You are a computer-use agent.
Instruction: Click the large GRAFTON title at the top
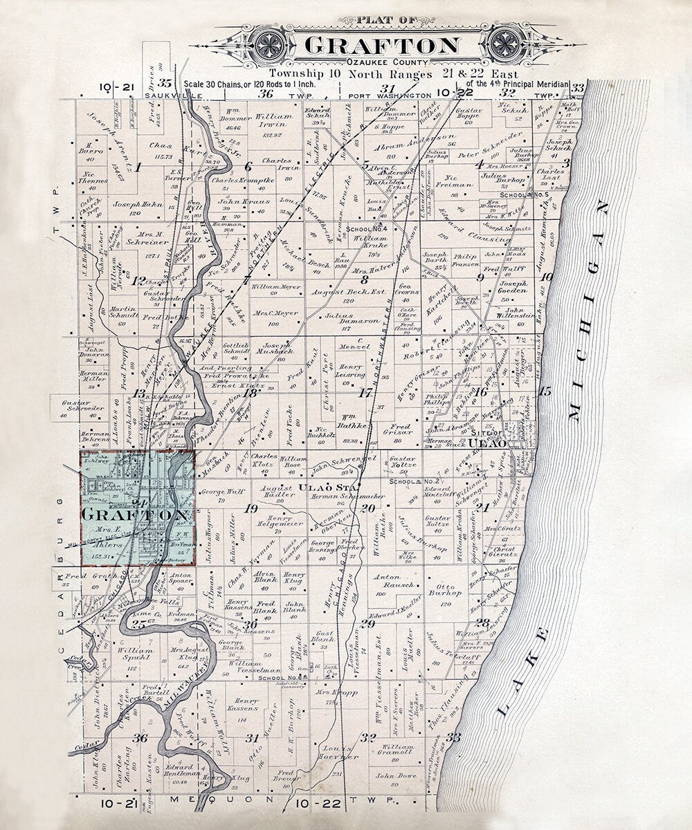tap(381, 46)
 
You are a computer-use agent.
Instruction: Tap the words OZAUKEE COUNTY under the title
tap(381, 63)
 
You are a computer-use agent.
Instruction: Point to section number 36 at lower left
tap(140, 738)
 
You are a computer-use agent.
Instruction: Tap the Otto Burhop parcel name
tap(445, 587)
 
